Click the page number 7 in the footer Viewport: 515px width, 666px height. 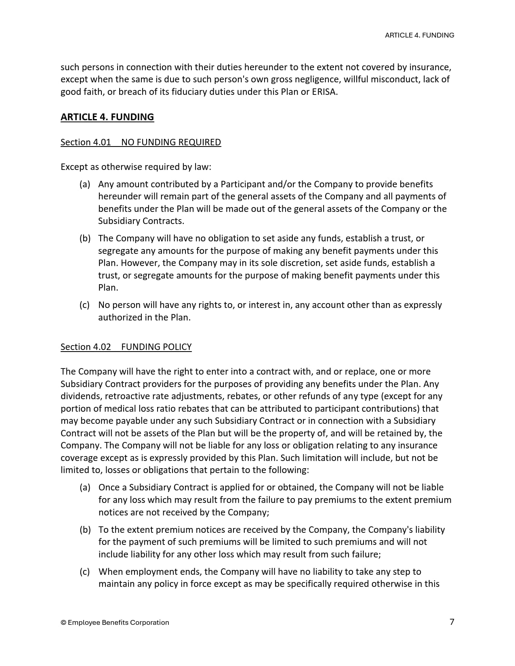click(452, 622)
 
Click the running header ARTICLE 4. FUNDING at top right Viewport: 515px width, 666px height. click(419, 35)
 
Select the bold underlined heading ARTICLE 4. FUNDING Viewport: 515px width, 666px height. click(107, 117)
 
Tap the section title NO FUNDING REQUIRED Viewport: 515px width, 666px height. click(171, 142)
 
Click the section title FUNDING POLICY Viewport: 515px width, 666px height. click(156, 347)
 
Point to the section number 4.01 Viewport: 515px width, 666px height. click(102, 142)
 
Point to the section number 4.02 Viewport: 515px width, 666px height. click(102, 347)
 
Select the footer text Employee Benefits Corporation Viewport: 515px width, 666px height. click(118, 622)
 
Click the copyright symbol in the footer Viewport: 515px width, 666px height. click(63, 622)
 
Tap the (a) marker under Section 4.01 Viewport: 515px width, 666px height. click(84, 184)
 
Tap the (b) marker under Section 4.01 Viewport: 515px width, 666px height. click(84, 238)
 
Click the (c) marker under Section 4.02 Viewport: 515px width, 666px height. click(84, 572)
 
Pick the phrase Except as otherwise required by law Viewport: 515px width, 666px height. click(136, 167)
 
